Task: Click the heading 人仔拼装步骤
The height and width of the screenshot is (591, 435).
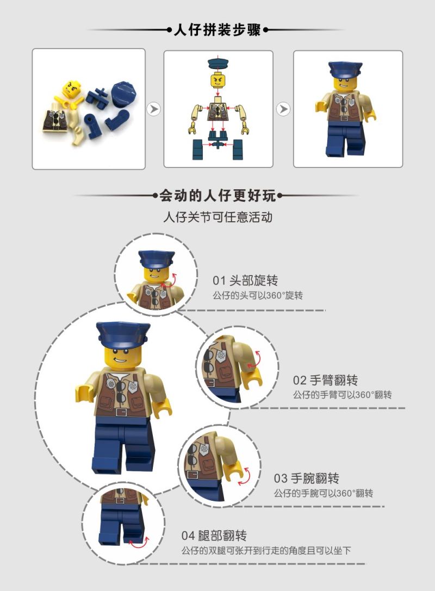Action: pos(217,30)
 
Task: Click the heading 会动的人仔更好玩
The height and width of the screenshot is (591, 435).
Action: pos(217,196)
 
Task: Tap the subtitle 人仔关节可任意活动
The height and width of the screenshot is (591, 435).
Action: pos(217,217)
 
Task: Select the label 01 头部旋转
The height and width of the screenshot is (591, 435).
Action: pos(245,281)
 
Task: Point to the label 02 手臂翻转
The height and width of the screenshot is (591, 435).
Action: pos(325,380)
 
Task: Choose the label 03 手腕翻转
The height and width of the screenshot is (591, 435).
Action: pos(307,478)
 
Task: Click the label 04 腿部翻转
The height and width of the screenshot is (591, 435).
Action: pos(214,535)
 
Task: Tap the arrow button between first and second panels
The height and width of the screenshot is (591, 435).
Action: pos(154,109)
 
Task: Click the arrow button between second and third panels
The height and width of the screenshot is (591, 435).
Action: pos(283,109)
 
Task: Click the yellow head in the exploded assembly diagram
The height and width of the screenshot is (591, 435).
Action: pos(218,79)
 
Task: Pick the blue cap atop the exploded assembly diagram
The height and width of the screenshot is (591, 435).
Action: pos(218,62)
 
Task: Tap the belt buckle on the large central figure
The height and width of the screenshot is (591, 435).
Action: pos(121,412)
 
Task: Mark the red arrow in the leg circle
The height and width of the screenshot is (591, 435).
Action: pos(139,542)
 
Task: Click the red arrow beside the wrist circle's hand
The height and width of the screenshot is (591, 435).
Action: pos(244,476)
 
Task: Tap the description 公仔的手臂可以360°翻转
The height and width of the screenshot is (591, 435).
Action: pos(342,395)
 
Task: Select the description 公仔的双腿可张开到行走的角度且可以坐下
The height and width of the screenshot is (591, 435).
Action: pos(266,550)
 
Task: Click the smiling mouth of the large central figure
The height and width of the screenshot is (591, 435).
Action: pos(120,358)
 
